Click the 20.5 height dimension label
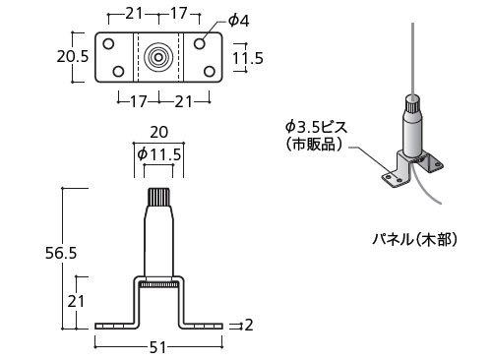73,56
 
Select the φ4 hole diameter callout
239,21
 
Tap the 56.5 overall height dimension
61,253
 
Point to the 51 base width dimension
157,347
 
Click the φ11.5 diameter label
159,154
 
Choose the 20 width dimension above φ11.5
159,132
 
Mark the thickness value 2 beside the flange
249,325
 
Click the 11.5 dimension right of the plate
248,58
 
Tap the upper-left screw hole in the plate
108,43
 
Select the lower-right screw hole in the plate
210,71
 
